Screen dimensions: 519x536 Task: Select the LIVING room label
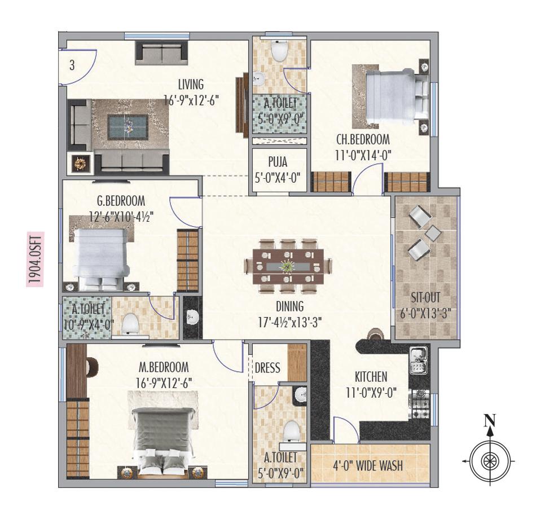click(191, 85)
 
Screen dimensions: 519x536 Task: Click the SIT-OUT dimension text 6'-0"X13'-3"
click(427, 311)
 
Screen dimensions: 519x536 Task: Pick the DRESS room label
click(267, 368)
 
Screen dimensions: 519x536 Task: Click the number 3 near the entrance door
click(72, 65)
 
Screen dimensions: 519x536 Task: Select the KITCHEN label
click(371, 376)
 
